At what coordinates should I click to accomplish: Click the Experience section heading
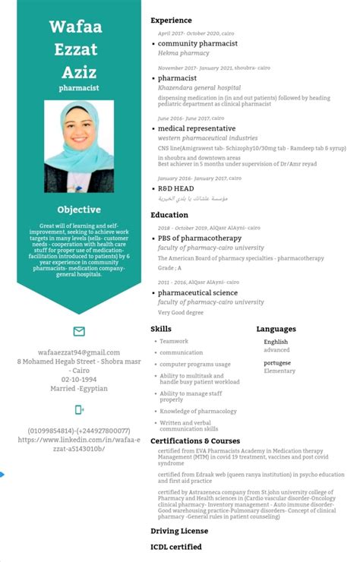(171, 20)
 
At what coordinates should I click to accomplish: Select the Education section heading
(169, 215)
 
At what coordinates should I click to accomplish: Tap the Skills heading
(160, 329)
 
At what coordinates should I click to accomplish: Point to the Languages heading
(276, 329)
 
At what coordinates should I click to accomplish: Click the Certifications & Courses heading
(195, 440)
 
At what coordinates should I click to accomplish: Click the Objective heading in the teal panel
(79, 210)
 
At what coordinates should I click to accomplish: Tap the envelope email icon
(79, 331)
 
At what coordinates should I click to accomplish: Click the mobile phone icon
(79, 410)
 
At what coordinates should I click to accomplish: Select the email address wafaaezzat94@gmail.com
(79, 352)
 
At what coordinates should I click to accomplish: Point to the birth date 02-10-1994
(79, 379)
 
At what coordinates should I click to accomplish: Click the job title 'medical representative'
(196, 128)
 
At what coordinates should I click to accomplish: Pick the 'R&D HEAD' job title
(175, 188)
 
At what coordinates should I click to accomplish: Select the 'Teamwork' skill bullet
(174, 341)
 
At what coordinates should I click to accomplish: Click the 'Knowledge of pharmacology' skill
(198, 411)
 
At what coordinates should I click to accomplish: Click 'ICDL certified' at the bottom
(176, 547)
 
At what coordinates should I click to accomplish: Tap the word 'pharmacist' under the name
(79, 88)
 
